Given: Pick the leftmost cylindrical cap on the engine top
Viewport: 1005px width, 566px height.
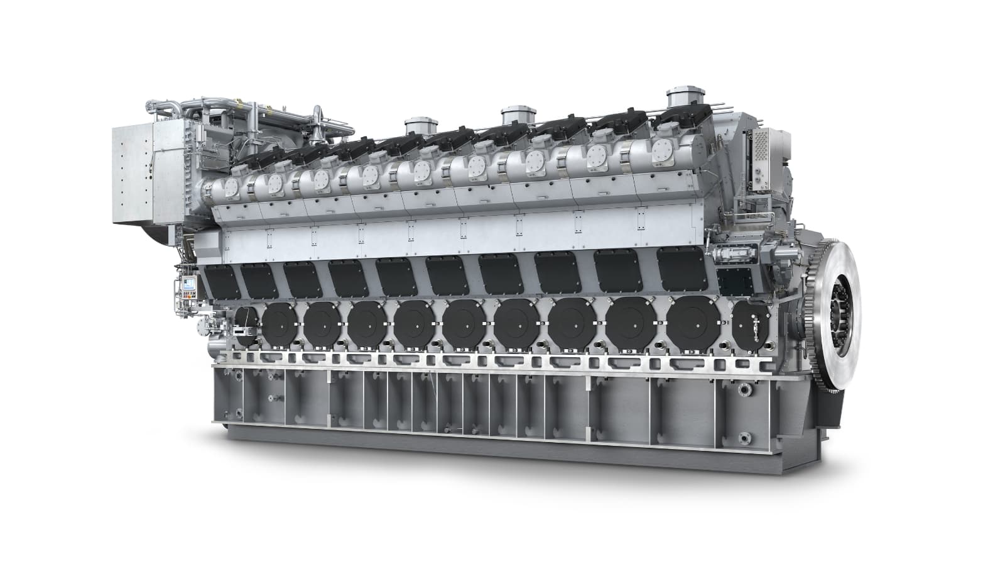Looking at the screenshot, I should pyautogui.click(x=416, y=126).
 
